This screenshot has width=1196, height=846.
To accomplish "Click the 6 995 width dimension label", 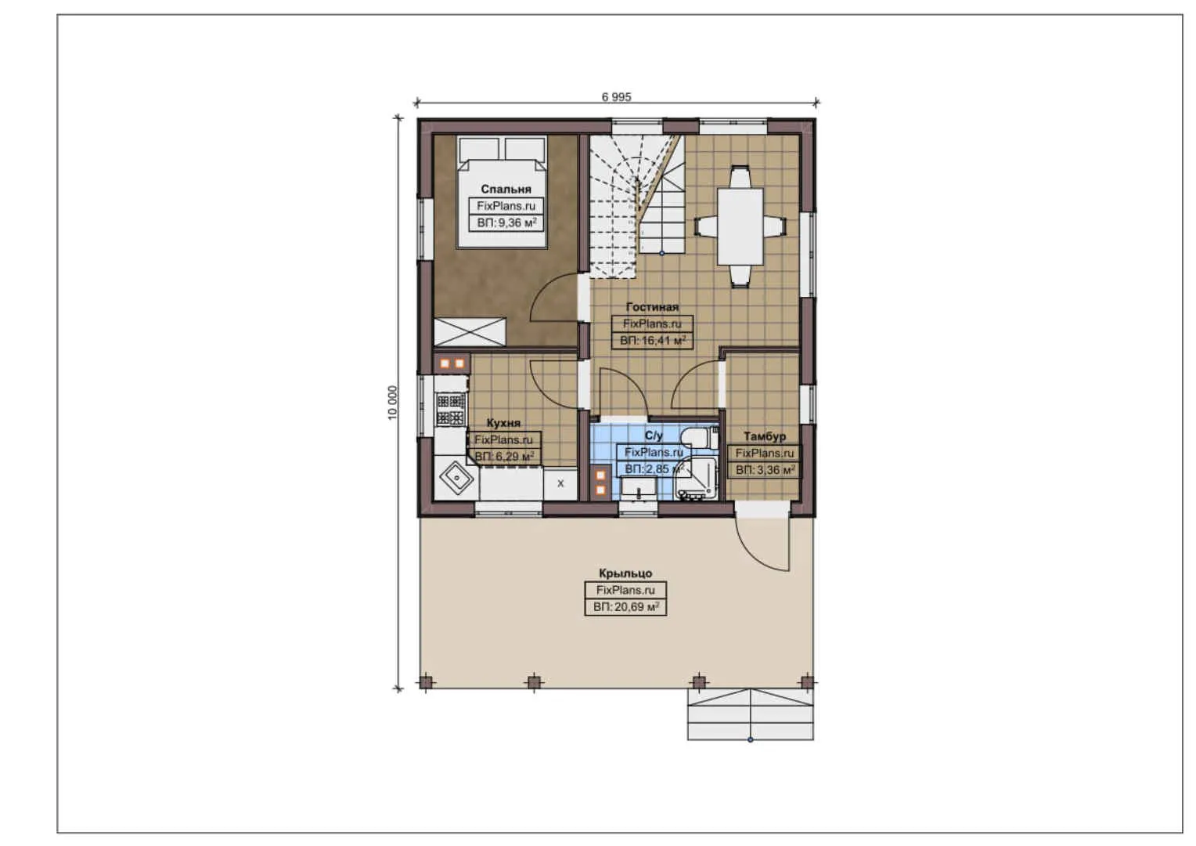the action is (x=616, y=96).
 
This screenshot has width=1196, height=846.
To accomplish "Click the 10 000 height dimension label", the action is (x=393, y=403).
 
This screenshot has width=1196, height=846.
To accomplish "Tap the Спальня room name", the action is (x=506, y=189).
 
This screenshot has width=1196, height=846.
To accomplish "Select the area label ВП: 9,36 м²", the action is (x=506, y=222).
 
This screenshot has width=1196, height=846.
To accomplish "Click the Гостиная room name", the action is (x=652, y=307).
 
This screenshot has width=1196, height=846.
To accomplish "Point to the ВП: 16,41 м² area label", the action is (x=653, y=341).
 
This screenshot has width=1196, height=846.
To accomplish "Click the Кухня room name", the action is (x=503, y=423).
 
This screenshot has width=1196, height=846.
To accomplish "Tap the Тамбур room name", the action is (x=765, y=436).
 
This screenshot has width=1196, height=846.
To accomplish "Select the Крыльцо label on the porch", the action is (x=625, y=573).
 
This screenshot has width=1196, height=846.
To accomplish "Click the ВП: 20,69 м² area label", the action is (x=625, y=607).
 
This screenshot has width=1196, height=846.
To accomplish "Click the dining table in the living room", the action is (x=740, y=226).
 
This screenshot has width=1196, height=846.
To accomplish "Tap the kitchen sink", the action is (x=457, y=477).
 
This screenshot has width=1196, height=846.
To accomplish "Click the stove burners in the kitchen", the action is (x=450, y=409).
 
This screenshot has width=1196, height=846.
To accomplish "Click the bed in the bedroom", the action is (x=502, y=192).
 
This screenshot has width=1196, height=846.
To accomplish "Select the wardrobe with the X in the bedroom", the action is (x=470, y=332).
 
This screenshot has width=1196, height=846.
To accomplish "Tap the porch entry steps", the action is (x=750, y=714).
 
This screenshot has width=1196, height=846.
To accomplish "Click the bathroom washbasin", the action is (x=639, y=488).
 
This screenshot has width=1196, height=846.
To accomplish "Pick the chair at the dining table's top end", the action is (x=740, y=177).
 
